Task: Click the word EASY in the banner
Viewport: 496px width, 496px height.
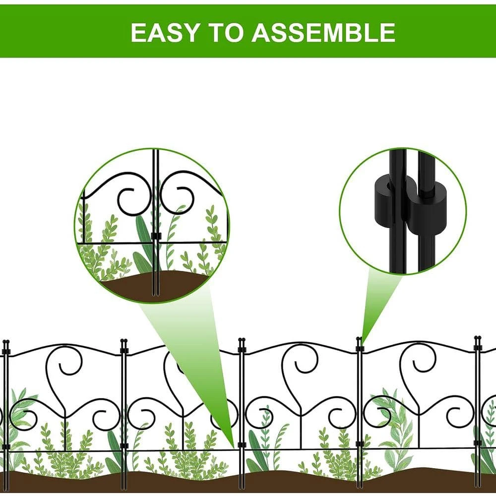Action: pyautogui.click(x=165, y=32)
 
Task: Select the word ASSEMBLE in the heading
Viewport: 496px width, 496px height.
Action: pyautogui.click(x=323, y=32)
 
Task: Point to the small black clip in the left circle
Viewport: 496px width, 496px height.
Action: pyautogui.click(x=156, y=236)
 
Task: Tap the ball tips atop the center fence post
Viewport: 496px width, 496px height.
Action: pyautogui.click(x=242, y=340)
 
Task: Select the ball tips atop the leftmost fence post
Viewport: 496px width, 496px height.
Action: pyautogui.click(x=6, y=342)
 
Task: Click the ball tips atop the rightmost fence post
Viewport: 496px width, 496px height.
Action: pyautogui.click(x=477, y=338)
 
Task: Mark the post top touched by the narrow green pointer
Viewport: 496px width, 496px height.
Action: pyautogui.click(x=359, y=339)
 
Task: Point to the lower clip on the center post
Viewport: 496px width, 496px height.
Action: pyautogui.click(x=242, y=445)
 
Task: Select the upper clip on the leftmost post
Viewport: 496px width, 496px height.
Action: pyautogui.click(x=6, y=352)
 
